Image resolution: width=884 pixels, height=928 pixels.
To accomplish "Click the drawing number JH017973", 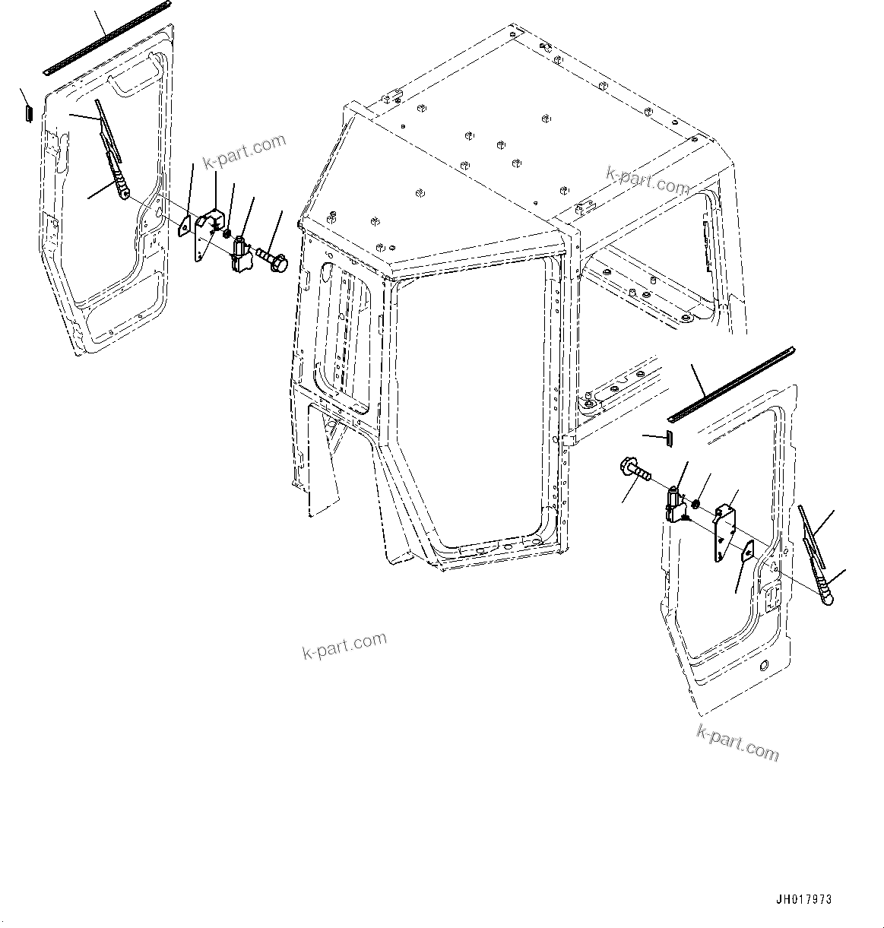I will [803, 899].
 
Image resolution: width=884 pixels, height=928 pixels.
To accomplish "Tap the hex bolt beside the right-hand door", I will [635, 469].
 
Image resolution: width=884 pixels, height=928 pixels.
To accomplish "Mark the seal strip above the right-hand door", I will [730, 385].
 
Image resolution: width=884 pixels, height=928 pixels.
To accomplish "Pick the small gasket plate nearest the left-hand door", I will [185, 226].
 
